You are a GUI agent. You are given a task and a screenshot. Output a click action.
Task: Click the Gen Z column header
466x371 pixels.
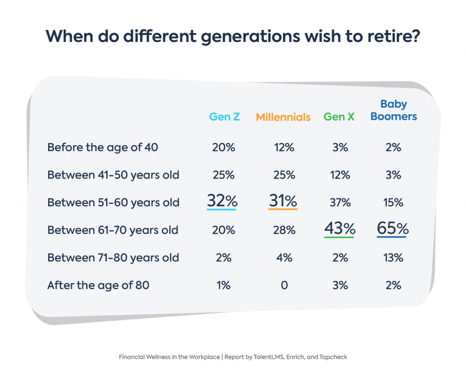point(224,117)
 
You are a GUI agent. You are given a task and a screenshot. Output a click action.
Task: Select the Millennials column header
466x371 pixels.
point(283,117)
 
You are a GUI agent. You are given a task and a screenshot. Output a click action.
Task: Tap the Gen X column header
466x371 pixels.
point(339,117)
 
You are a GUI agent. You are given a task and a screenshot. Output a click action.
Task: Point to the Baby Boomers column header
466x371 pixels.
point(394,111)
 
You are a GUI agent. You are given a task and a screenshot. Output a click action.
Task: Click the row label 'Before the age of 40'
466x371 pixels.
point(102,147)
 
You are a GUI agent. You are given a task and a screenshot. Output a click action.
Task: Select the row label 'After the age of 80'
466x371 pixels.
point(98,285)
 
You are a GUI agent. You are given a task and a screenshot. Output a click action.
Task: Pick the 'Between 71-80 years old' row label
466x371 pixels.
point(113,258)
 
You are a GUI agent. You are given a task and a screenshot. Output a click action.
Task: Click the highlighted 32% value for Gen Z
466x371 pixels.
point(222,201)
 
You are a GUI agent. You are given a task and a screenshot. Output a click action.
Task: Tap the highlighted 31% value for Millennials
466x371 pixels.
point(283,201)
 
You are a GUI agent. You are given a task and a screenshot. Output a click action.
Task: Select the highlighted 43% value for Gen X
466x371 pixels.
point(339,229)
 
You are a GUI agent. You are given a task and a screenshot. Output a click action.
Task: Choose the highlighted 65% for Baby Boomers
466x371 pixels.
point(393,229)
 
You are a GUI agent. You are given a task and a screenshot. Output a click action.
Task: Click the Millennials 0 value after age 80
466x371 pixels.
point(284,285)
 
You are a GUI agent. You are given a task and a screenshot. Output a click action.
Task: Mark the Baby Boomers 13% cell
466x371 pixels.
point(393,258)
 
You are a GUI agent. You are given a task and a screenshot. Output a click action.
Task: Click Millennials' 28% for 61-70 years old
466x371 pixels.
point(284,230)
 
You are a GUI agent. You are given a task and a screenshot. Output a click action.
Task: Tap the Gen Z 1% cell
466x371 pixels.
point(223,285)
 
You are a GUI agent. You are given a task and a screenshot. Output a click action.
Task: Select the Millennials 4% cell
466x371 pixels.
point(284,258)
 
